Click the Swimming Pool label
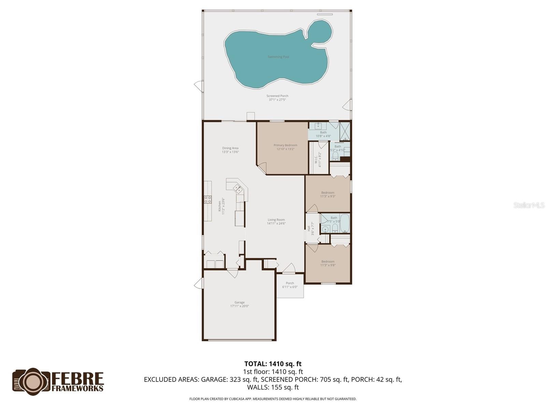(278, 57)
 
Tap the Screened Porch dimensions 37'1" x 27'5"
(277, 100)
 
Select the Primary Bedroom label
(285, 145)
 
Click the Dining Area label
(230, 148)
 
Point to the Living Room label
(276, 220)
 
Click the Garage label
(239, 302)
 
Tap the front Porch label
(290, 283)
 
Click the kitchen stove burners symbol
(207, 200)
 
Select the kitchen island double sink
(238, 188)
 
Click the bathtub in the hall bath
(344, 223)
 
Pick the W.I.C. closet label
(316, 159)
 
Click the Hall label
(309, 228)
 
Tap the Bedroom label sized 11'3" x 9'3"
(328, 192)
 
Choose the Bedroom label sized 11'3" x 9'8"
(328, 261)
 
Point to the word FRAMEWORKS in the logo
(77, 388)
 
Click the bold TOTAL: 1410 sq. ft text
(273, 364)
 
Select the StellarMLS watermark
(529, 205)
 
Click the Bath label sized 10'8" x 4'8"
(323, 132)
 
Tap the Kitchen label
(220, 206)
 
